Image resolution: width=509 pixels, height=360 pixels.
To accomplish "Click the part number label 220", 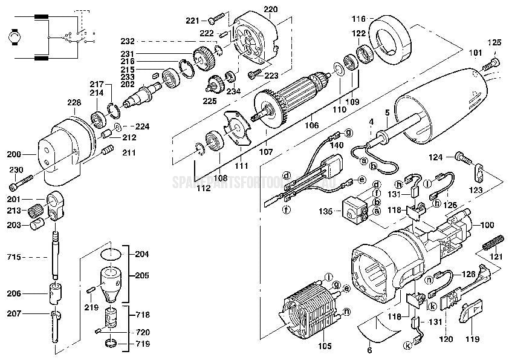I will pos(271,9).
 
